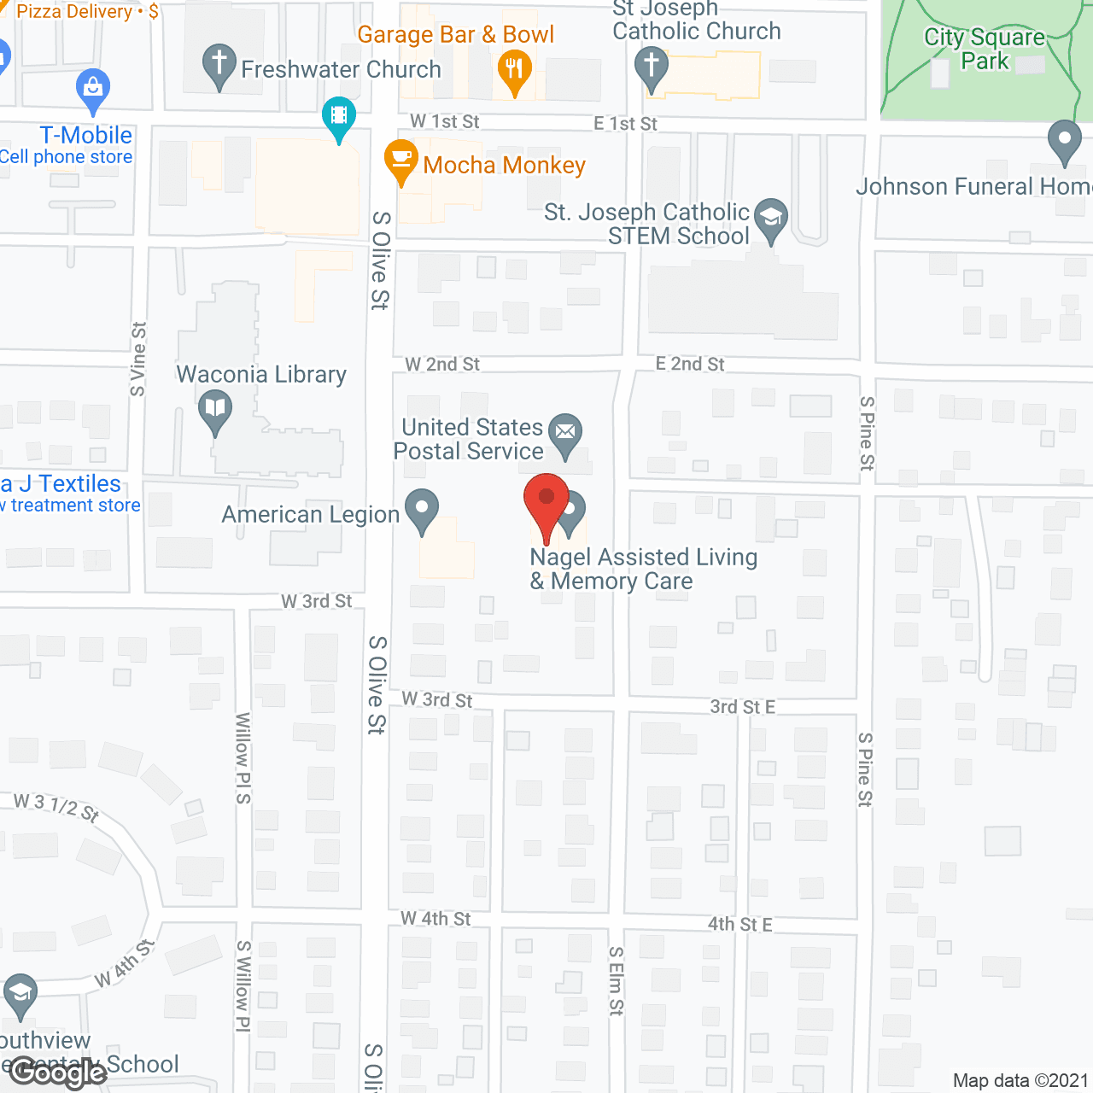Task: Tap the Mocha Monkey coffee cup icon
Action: [400, 160]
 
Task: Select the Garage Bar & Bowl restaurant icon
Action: [514, 69]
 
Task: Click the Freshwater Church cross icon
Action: [219, 64]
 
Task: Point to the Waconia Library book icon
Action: [215, 408]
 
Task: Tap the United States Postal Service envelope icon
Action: [565, 432]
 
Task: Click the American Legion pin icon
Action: [422, 509]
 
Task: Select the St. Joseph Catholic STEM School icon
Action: [771, 219]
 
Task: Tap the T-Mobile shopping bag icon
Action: [93, 89]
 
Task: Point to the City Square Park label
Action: [985, 49]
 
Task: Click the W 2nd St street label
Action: [442, 365]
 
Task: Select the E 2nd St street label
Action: [690, 364]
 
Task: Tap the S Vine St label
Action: [138, 359]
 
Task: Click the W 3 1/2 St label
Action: [56, 806]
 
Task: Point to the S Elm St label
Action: [616, 981]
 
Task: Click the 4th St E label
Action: [740, 924]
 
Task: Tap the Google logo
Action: [58, 1073]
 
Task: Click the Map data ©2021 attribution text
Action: [1020, 1081]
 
